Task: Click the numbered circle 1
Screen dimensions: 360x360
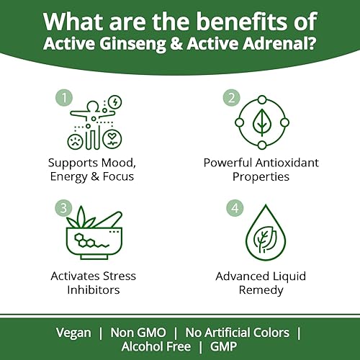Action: [x=63, y=96]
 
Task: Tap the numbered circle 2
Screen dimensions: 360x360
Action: [x=232, y=96]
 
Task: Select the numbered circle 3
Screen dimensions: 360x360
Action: [x=63, y=209]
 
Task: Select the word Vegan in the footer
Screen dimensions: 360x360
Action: [x=74, y=333]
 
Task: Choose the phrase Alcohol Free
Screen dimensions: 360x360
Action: [x=156, y=347]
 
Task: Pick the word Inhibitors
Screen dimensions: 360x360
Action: [x=94, y=290]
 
